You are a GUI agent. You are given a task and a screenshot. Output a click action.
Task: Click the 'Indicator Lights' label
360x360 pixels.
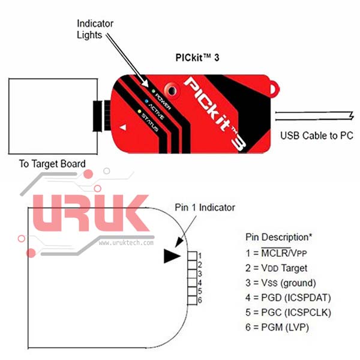point(95,29)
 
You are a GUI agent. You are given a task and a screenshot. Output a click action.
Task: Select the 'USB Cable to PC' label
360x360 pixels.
point(316,136)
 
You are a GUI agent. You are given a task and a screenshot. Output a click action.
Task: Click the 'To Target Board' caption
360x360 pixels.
point(52,163)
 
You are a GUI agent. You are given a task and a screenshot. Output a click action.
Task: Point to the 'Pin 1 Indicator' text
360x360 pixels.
point(205,208)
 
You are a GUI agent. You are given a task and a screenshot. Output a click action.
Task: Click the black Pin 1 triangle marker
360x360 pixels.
point(172,256)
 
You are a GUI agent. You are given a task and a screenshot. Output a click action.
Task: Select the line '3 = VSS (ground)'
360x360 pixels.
point(281,283)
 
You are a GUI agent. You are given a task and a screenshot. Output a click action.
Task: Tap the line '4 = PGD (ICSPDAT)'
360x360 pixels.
point(288,298)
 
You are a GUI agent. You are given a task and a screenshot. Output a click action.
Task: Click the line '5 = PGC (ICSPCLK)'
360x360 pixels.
point(289,313)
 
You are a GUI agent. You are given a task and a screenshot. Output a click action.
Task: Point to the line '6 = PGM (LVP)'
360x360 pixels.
point(280,328)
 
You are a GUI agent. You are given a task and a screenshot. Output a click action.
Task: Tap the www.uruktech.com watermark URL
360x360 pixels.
point(126,243)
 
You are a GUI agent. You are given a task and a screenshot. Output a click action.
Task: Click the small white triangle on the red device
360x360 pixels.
point(124,128)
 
